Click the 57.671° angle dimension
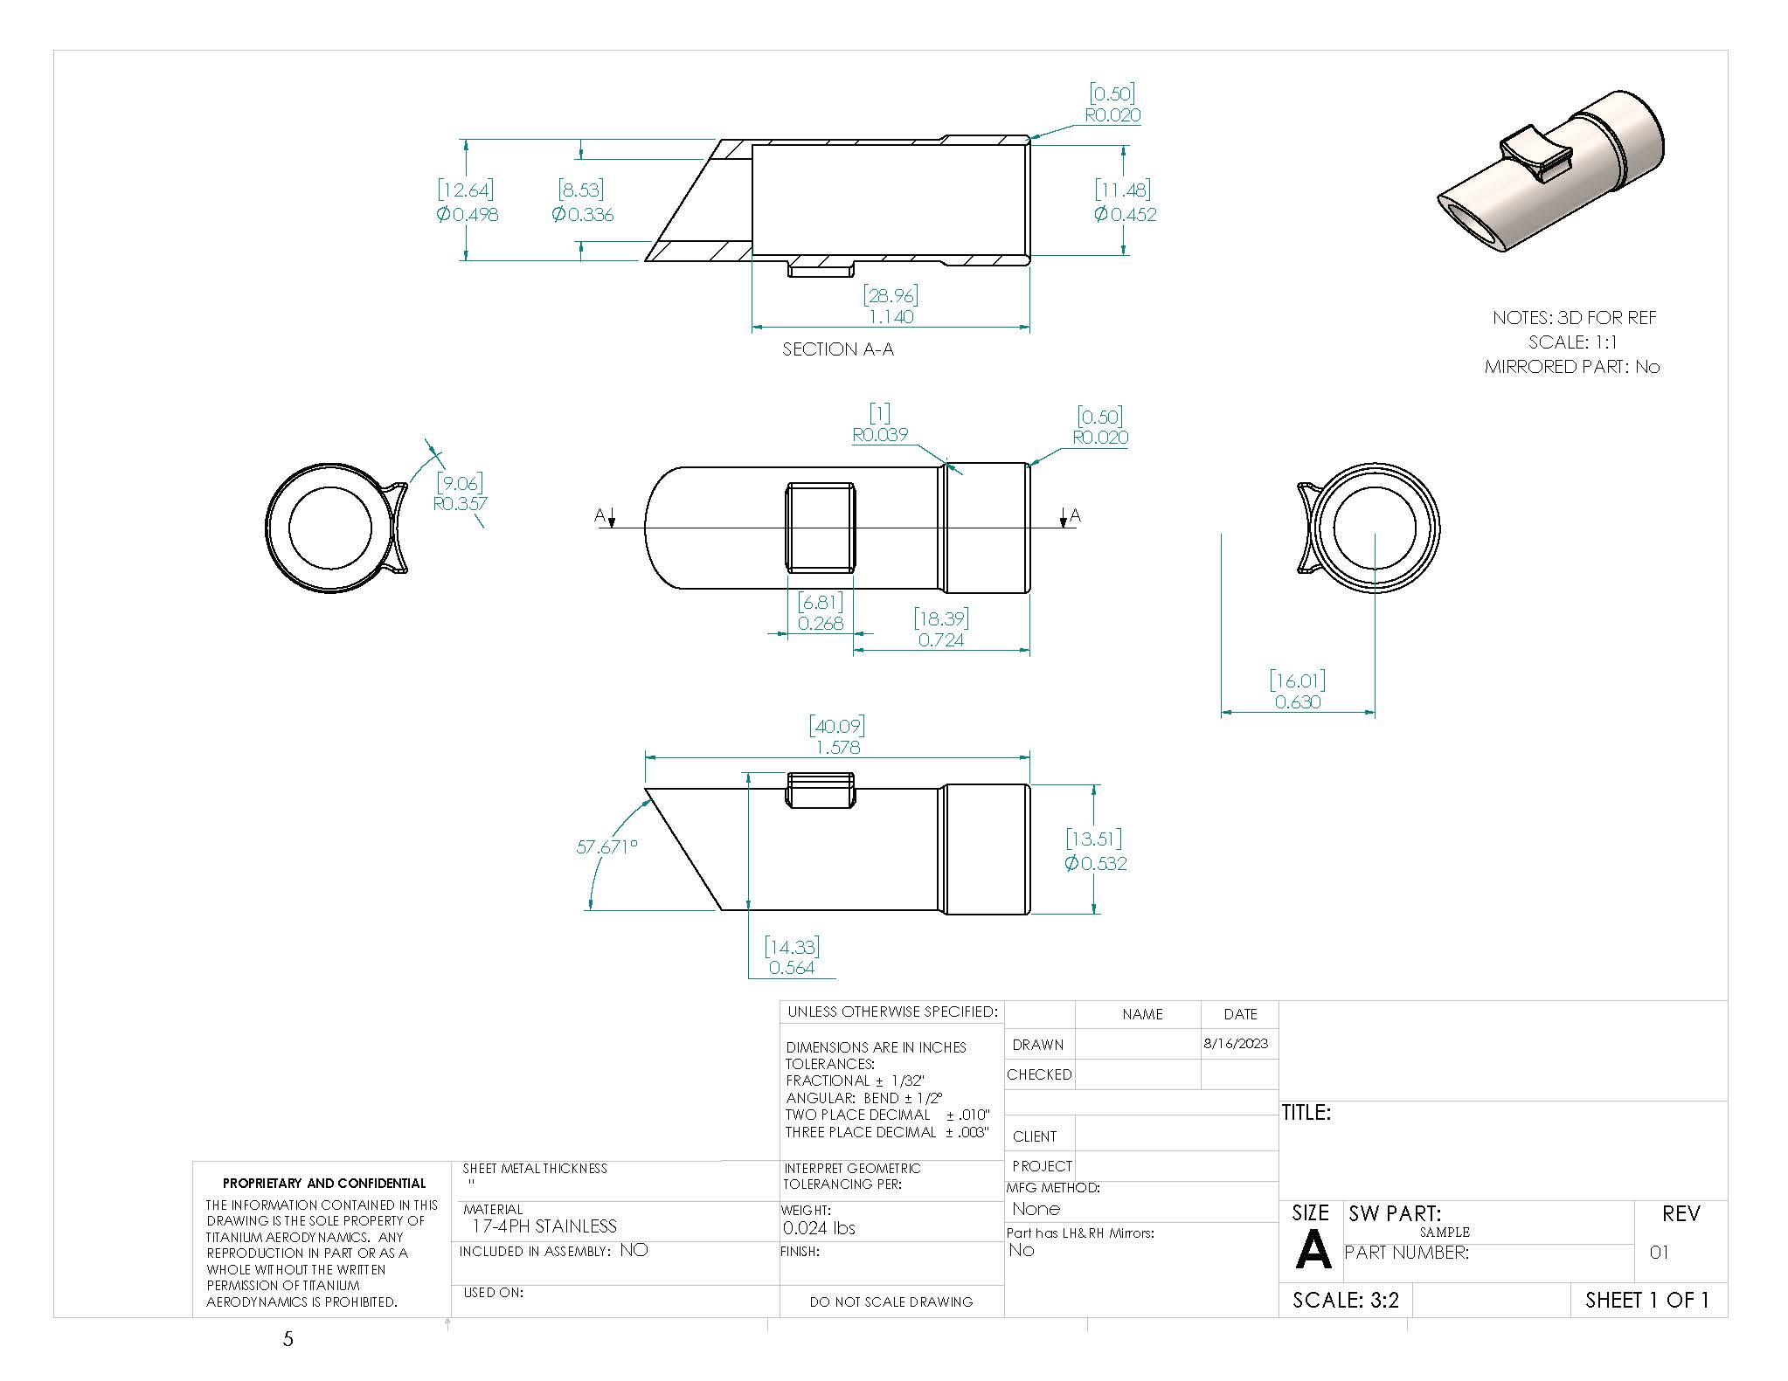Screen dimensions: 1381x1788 (606, 846)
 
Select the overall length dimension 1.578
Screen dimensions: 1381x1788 (837, 748)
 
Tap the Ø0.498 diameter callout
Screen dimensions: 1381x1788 (467, 214)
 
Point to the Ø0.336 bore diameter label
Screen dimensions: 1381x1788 (582, 214)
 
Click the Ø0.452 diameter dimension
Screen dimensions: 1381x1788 (1124, 214)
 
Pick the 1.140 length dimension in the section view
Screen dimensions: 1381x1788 (891, 316)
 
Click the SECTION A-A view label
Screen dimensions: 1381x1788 (837, 349)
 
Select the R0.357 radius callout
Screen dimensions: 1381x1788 (460, 503)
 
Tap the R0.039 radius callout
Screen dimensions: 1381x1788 (879, 434)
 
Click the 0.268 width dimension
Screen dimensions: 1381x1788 (820, 623)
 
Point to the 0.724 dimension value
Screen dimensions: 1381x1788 (941, 639)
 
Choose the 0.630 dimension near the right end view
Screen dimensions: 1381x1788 (1297, 701)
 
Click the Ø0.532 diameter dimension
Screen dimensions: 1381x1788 (1095, 863)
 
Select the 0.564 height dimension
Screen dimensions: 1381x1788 (791, 967)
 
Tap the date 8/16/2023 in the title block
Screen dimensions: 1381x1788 (1235, 1043)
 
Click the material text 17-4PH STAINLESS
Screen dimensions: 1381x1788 (544, 1226)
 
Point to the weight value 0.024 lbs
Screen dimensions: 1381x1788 (818, 1227)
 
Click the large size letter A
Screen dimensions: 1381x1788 (1311, 1252)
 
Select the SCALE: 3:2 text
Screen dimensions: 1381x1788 (1345, 1300)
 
